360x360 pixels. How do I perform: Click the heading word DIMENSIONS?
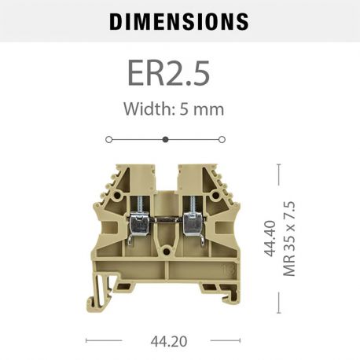(x=178, y=21)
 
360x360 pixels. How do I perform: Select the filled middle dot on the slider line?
(x=165, y=139)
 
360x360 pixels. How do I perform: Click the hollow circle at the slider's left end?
(x=108, y=139)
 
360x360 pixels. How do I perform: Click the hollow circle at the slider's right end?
(x=222, y=139)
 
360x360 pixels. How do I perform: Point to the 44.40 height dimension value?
(x=270, y=238)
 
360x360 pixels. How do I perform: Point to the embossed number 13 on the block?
(x=227, y=270)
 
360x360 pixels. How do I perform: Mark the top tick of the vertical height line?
(x=279, y=163)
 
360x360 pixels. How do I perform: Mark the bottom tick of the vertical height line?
(x=279, y=312)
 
